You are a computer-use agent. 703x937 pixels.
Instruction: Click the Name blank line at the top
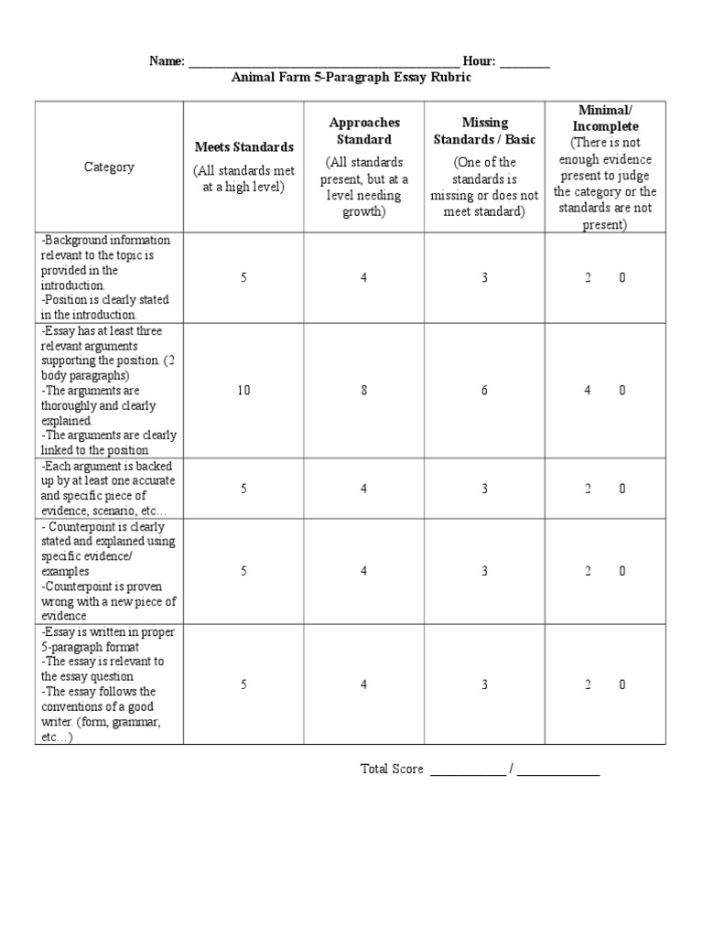coord(323,62)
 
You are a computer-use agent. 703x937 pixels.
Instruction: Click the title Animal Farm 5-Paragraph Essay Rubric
coord(351,78)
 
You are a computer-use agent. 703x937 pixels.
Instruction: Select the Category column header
coord(109,167)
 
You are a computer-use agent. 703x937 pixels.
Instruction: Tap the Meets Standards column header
coord(243,146)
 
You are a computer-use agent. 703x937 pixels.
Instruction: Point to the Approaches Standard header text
coord(364,131)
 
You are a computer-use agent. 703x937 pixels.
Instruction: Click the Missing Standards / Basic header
coord(484,131)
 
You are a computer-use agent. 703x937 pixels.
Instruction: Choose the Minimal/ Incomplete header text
coord(605,118)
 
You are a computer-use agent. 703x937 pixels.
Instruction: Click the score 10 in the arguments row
coord(243,390)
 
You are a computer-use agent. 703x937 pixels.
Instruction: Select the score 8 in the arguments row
coord(364,390)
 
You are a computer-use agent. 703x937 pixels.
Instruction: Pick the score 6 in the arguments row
coord(484,390)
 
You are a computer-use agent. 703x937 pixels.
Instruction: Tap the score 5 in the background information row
coord(243,277)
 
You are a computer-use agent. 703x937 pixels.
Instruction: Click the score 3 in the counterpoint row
coord(484,571)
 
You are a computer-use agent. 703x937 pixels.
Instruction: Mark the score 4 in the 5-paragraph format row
coord(364,684)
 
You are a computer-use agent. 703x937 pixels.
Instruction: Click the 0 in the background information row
coord(622,277)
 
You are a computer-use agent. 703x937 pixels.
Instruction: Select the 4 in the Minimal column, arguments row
coord(589,390)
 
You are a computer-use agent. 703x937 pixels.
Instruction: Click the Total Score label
coord(392,769)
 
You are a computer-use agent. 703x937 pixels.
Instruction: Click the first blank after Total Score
coord(467,770)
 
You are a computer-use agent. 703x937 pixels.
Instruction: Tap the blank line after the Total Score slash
coord(558,770)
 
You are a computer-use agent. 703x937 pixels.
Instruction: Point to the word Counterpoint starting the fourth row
coord(81,527)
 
